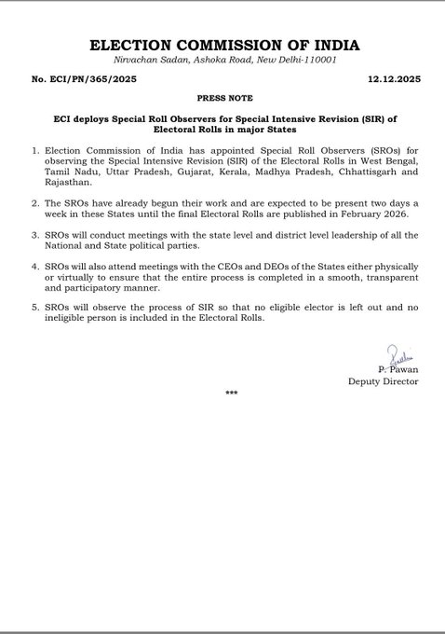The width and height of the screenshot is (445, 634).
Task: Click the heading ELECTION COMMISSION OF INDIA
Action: [222, 45]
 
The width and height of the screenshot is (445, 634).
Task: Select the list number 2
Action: [34, 202]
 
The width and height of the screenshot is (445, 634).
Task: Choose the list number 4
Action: [34, 267]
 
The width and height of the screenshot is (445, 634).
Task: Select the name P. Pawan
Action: [401, 369]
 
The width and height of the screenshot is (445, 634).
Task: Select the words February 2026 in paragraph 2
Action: [360, 214]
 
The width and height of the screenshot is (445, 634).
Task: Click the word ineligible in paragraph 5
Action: [68, 319]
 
